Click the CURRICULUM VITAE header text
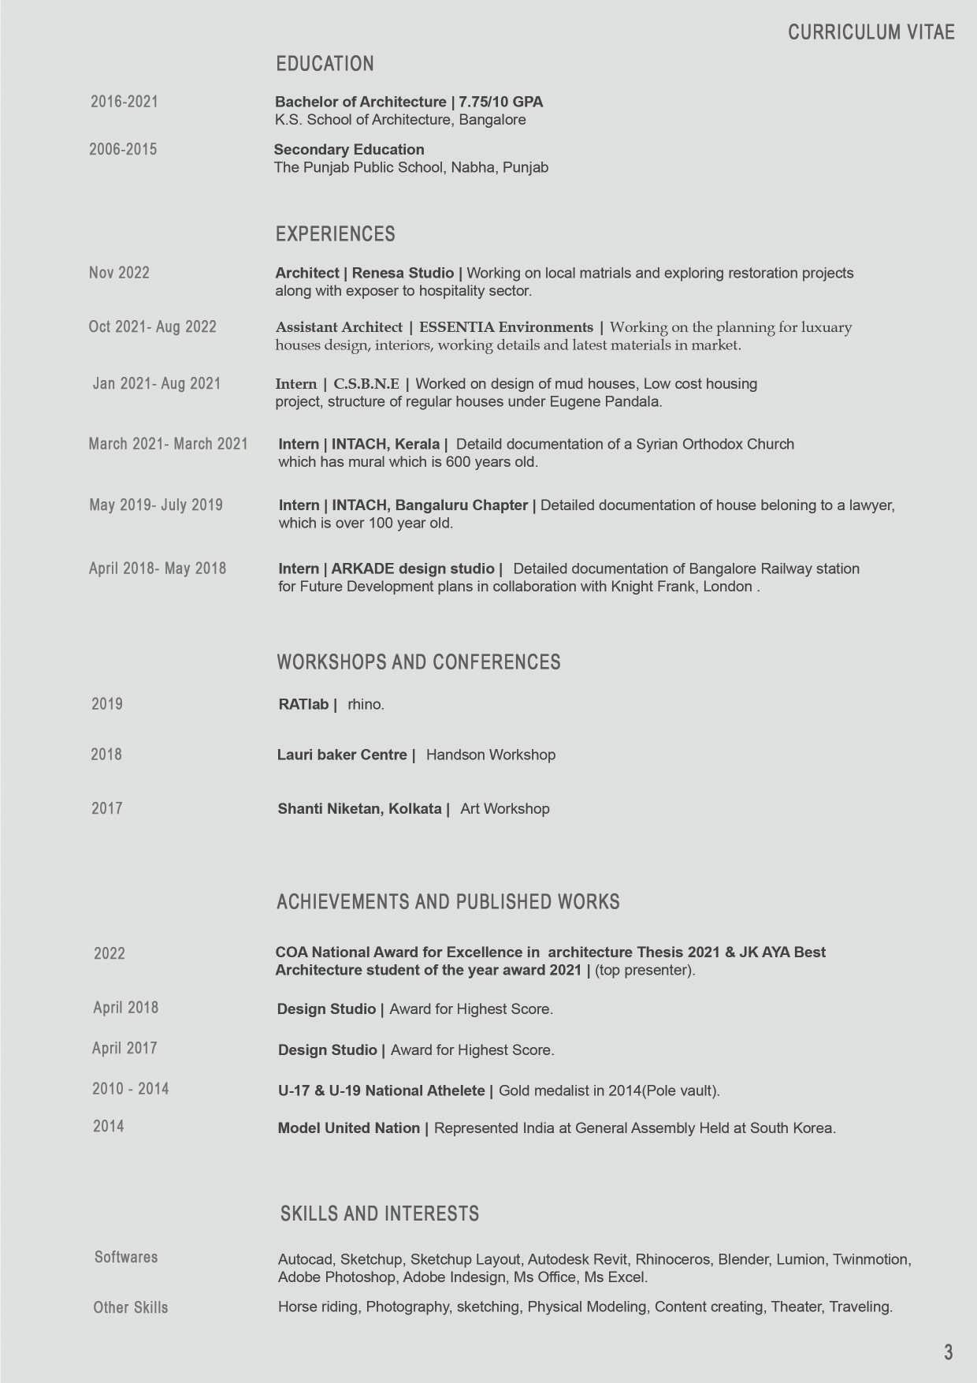tap(871, 32)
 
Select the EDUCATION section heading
tap(325, 64)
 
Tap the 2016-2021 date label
tap(124, 102)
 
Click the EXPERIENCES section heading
tap(335, 234)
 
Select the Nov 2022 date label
tap(119, 273)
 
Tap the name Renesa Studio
tap(403, 274)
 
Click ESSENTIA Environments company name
tap(506, 327)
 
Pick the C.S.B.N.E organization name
tap(366, 384)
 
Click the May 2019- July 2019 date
tap(156, 505)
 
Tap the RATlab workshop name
tap(303, 705)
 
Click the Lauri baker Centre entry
tap(342, 755)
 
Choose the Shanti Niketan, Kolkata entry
tap(359, 809)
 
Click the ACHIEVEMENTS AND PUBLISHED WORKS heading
tap(448, 902)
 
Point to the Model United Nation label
tap(348, 1128)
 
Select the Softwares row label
tap(126, 1258)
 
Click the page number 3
tap(948, 1352)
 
